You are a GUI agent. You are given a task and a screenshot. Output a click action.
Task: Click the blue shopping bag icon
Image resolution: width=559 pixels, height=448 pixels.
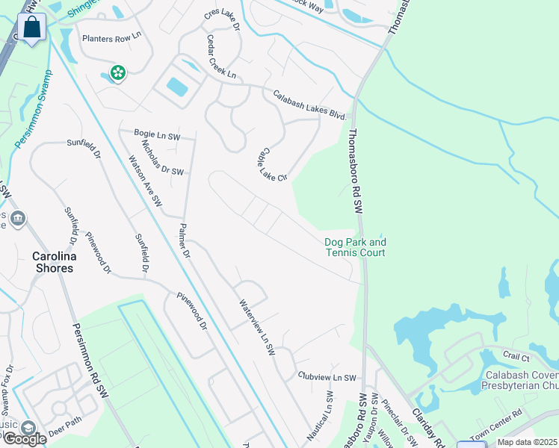pyautogui.click(x=33, y=28)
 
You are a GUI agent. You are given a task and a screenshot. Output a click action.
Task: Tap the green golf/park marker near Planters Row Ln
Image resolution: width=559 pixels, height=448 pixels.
pyautogui.click(x=117, y=72)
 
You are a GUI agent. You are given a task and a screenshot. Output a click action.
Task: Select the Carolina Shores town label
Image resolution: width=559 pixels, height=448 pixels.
pyautogui.click(x=52, y=262)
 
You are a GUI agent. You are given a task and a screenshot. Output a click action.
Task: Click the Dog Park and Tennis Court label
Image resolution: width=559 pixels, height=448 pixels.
pyautogui.click(x=356, y=247)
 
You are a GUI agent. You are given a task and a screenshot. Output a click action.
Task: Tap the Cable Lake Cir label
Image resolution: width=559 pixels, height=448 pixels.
pyautogui.click(x=272, y=164)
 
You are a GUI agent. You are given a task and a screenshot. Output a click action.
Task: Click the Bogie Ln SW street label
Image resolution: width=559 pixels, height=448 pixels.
pyautogui.click(x=157, y=135)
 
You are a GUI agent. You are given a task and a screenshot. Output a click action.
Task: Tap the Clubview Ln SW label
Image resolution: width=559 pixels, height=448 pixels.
pyautogui.click(x=328, y=378)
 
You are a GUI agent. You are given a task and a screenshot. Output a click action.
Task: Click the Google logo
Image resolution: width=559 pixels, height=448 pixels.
pyautogui.click(x=24, y=439)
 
